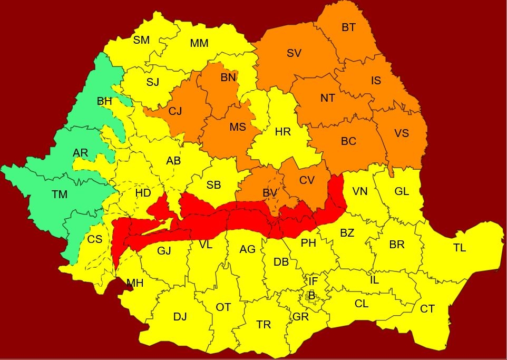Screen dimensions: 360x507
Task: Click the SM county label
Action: [141, 40]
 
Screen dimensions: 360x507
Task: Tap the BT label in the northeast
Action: [348, 27]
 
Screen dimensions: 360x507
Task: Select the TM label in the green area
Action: [60, 194]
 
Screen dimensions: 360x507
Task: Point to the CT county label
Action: [427, 309]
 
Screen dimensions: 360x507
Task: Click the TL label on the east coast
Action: [460, 248]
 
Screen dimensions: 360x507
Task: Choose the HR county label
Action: [283, 132]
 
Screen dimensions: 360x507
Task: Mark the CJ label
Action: [175, 112]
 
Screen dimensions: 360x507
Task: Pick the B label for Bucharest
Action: [311, 296]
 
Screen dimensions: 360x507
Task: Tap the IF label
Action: [313, 282]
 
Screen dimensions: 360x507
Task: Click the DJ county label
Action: [180, 317]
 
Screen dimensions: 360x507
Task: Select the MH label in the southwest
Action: [135, 283]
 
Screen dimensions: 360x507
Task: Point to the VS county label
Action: [402, 133]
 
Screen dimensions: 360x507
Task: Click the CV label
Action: [307, 180]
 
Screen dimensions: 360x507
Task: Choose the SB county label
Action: [213, 185]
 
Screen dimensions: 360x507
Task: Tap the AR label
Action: [81, 153]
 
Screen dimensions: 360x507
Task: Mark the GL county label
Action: [402, 191]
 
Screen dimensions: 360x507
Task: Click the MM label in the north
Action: [199, 43]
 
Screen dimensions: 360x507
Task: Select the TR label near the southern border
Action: [264, 325]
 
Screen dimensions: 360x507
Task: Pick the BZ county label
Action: [347, 233]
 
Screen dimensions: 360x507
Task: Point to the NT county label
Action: [328, 98]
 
